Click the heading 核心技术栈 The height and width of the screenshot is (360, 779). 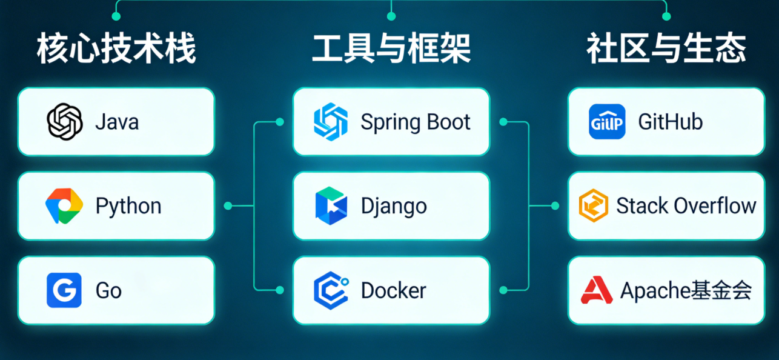116,50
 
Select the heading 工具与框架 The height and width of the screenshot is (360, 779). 391,50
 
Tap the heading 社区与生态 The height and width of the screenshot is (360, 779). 666,50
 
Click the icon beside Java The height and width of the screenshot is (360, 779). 64,122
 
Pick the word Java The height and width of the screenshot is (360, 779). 117,122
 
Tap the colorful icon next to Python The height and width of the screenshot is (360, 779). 64,205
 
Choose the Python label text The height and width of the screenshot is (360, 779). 128,206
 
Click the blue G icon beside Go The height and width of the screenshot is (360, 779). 64,290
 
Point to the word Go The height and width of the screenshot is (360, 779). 108,291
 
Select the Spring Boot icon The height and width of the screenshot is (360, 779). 331,122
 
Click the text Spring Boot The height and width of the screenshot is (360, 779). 416,122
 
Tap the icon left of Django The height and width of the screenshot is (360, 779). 331,205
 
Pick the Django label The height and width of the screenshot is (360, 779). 394,206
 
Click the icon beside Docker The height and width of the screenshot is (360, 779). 331,290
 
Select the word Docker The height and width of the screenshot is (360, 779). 394,290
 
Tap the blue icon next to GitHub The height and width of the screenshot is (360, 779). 607,122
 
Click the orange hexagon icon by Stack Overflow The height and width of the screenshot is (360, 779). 593,206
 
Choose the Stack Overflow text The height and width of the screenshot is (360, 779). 686,206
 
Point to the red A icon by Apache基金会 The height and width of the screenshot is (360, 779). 597,290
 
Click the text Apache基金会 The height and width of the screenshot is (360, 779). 686,291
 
